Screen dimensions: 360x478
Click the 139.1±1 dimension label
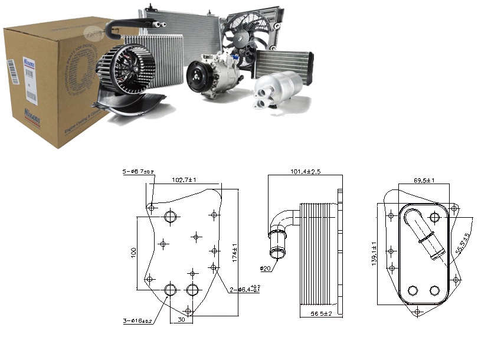click(374, 253)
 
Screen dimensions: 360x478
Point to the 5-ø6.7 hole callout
click(137, 172)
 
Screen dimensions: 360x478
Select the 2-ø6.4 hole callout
click(245, 289)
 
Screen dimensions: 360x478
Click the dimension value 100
click(133, 253)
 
